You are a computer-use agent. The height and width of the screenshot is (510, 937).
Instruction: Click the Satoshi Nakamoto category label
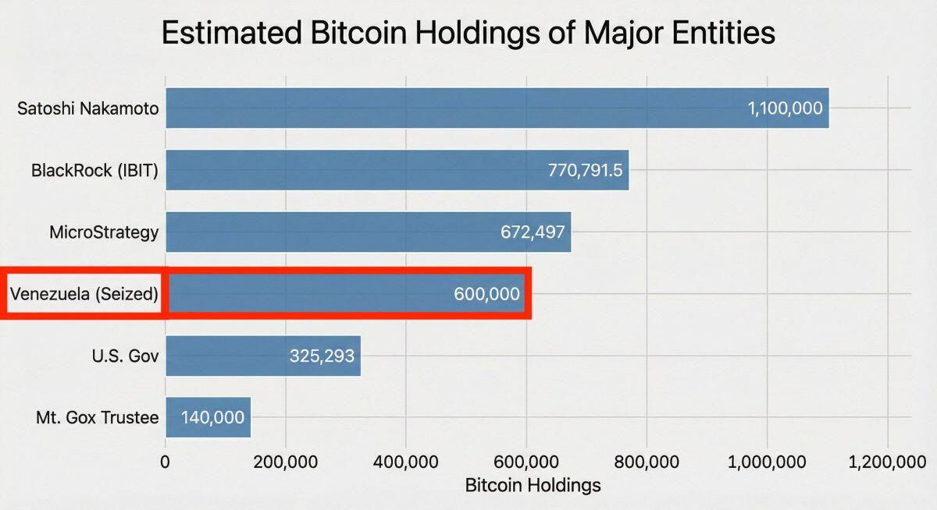(87, 108)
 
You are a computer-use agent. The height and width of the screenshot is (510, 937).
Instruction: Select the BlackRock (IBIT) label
(94, 170)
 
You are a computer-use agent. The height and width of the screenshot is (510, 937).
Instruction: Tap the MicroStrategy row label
(104, 232)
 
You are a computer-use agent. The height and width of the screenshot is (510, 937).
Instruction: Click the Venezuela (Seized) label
(84, 294)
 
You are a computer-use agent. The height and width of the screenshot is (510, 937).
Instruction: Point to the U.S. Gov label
(125, 356)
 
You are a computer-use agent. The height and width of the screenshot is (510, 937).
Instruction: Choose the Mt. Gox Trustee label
(97, 418)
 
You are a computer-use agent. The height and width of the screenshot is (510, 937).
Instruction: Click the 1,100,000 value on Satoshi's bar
(786, 108)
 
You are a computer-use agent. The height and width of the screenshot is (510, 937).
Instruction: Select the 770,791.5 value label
(585, 170)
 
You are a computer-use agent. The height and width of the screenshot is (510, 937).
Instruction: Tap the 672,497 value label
(533, 232)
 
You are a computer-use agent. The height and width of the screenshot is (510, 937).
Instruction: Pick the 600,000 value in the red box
(486, 294)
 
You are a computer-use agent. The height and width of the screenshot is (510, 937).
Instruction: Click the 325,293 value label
(322, 356)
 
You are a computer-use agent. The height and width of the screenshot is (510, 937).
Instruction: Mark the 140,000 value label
(212, 418)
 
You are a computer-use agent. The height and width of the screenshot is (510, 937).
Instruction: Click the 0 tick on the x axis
(165, 462)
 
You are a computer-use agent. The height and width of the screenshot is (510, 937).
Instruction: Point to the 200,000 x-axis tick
(285, 462)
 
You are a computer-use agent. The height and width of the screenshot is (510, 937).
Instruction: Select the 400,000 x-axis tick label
(405, 462)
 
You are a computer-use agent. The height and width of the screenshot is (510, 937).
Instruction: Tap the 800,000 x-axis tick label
(647, 462)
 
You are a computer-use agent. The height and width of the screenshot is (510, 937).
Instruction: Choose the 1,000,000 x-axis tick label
(767, 462)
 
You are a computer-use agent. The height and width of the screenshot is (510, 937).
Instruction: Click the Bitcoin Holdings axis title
(533, 485)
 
